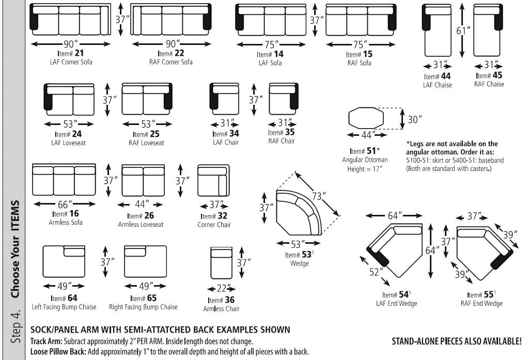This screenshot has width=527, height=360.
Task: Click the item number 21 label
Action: coord(71,53)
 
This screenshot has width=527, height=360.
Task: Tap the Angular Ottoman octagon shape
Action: coord(366,118)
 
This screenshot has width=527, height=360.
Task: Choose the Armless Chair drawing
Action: coord(221,263)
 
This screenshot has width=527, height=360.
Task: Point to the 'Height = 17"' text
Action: coord(366,168)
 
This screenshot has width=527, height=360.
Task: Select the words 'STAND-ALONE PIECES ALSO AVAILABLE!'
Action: coord(457,341)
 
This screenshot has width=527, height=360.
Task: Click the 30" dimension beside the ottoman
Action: coord(414,119)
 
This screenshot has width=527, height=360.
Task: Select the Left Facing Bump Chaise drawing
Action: coord(64,261)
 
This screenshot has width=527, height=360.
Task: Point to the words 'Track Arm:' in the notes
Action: coord(46,341)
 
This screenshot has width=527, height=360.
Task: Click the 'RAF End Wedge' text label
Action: coord(482,303)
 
